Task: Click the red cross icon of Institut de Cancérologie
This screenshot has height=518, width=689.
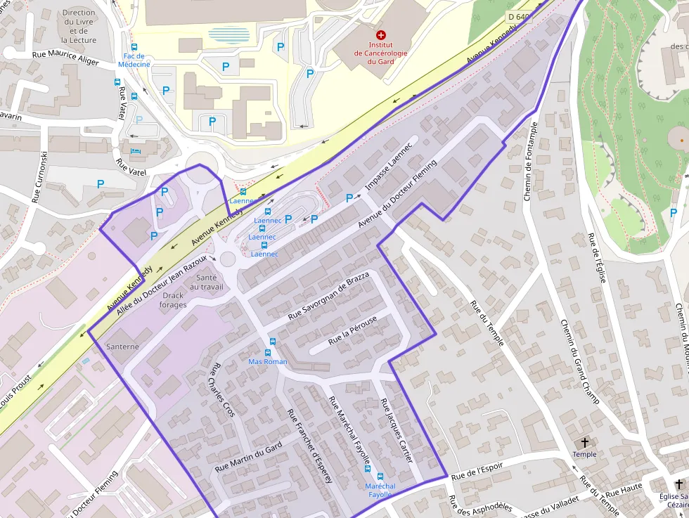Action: [381, 34]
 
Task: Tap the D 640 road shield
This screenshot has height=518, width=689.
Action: [519, 17]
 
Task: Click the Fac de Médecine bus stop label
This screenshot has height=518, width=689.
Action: [134, 60]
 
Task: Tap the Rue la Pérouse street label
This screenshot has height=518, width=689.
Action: [353, 330]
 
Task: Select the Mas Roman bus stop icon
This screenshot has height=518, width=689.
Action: [268, 352]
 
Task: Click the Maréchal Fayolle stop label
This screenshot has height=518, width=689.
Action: [380, 490]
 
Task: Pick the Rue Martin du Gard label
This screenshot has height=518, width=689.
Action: [248, 457]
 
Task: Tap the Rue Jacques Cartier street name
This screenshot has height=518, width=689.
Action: [396, 430]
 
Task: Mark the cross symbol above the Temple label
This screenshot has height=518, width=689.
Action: [584, 443]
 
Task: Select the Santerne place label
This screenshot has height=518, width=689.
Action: [122, 347]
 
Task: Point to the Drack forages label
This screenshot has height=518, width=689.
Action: [173, 300]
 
